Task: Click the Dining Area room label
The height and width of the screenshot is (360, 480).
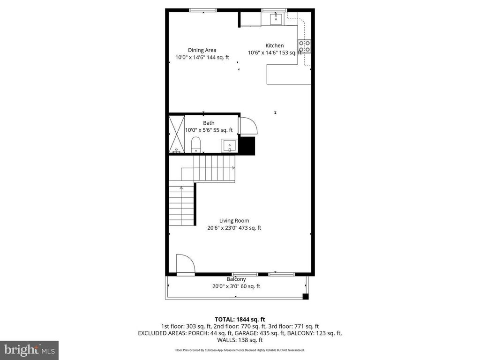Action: tap(202, 50)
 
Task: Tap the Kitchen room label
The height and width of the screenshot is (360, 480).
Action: tap(275, 45)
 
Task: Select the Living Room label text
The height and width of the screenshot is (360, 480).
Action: tap(234, 221)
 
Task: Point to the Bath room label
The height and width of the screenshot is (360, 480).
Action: tap(209, 123)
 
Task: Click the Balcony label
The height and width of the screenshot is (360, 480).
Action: tap(236, 279)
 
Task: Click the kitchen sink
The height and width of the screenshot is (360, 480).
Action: tap(277, 19)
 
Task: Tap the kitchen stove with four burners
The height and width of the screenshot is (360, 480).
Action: tap(305, 46)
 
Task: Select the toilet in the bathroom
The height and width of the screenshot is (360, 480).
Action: tap(196, 145)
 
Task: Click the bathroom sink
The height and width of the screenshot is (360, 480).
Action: tap(229, 145)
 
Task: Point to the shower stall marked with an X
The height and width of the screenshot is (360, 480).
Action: tap(177, 134)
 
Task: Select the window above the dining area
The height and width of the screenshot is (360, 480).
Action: tap(203, 10)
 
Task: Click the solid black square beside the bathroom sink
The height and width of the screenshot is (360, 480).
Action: tap(247, 146)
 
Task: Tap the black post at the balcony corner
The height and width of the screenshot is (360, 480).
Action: tap(306, 296)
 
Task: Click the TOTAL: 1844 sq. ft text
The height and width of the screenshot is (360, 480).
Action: tap(240, 320)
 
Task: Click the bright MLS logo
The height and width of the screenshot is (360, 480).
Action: tap(30, 350)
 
